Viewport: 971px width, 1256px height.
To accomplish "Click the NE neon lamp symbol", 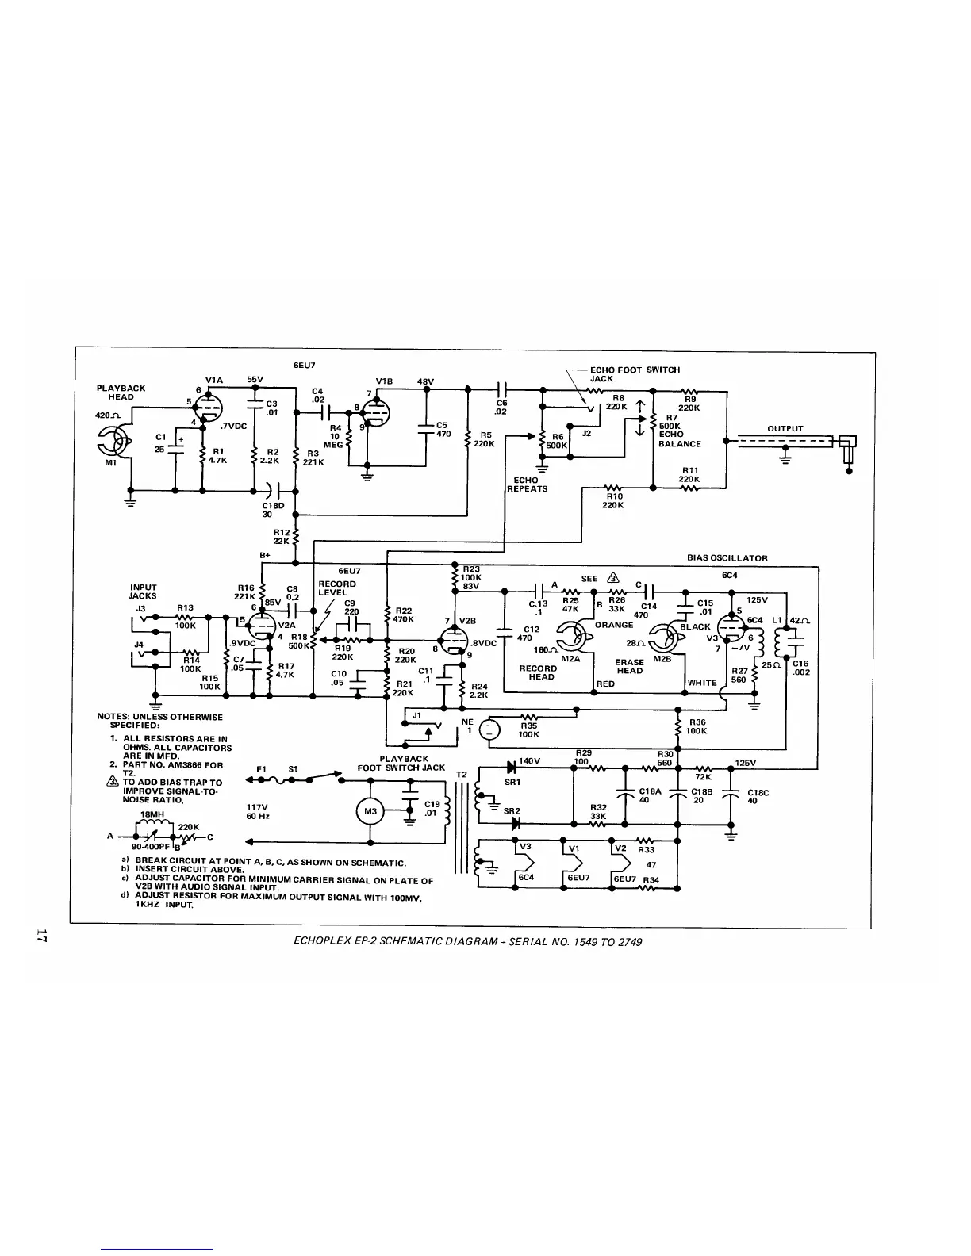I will point(490,730).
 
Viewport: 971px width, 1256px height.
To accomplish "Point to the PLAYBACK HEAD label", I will point(121,392).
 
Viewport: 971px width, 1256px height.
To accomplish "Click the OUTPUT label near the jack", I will point(785,429).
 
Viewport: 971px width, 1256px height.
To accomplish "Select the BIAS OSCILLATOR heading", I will point(727,557).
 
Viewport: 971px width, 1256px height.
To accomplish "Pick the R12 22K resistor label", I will point(282,537).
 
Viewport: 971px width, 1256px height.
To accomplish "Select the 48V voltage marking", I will point(425,381).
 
